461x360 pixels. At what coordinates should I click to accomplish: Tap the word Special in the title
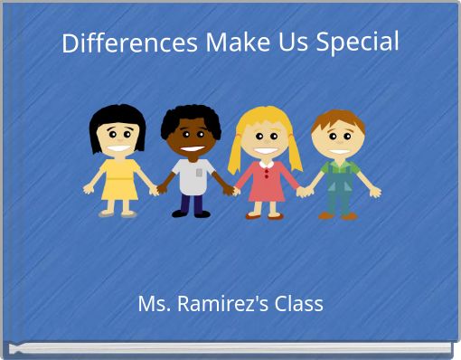(357, 43)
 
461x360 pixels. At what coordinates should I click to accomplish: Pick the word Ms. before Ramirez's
(154, 304)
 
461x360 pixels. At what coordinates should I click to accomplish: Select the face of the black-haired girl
(118, 138)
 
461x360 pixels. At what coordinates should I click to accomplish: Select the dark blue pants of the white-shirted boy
(192, 204)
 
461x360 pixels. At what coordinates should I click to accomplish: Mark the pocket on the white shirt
(200, 171)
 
